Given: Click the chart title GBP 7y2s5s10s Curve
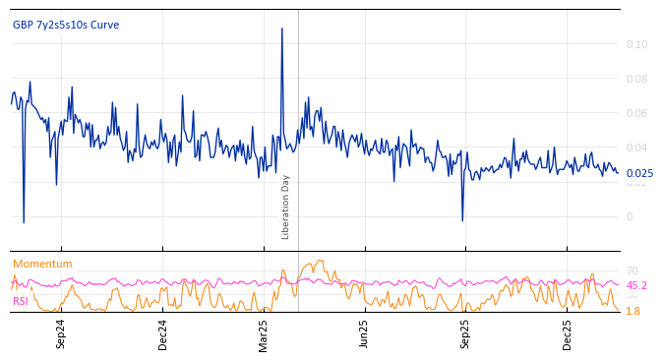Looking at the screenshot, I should click(65, 26).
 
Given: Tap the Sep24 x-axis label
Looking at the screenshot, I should click(61, 333).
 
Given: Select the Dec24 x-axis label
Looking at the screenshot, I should click(163, 333).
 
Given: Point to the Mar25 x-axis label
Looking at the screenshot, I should click(264, 333).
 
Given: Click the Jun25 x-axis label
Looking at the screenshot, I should click(364, 333).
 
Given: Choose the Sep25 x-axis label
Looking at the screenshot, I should click(465, 333).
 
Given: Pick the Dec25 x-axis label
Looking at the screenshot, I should click(568, 333).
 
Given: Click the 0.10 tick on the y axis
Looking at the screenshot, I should click(636, 44).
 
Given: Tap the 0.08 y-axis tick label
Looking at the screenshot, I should click(636, 79).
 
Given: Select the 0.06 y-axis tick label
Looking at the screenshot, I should click(636, 113).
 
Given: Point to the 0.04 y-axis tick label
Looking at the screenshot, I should click(636, 148).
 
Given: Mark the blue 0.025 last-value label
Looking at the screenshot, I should click(639, 173).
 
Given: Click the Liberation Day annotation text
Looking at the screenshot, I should click(286, 207).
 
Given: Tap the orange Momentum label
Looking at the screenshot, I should click(42, 264).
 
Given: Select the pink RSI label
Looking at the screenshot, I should click(21, 301).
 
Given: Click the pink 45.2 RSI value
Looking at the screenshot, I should click(636, 285).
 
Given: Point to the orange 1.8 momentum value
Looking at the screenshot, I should click(633, 311).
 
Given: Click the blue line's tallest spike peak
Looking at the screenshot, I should click(281, 29).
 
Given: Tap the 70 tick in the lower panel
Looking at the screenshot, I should click(632, 270).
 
